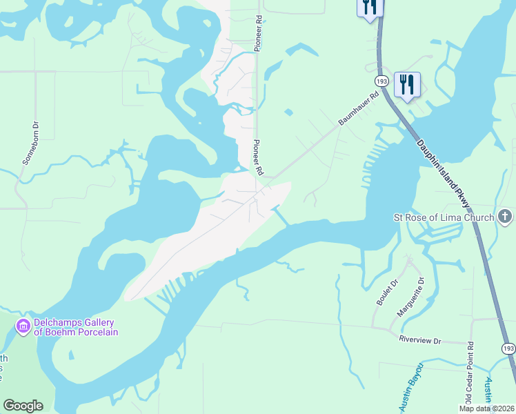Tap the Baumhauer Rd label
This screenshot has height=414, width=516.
[x=359, y=108]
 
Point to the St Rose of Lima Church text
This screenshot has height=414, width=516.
[x=444, y=218]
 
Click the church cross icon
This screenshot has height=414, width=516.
[x=505, y=217]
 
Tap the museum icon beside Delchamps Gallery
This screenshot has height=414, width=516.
[x=23, y=325]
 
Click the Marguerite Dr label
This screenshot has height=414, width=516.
[x=413, y=297]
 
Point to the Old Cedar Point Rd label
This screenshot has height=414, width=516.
[x=469, y=373]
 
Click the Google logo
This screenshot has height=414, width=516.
[x=23, y=406]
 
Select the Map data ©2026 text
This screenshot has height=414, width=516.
[x=486, y=408]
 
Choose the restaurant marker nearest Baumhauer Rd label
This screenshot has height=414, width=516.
[x=407, y=85]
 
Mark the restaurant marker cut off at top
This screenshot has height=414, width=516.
[x=370, y=7]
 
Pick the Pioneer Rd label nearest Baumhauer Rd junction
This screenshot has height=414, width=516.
[x=259, y=157]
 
